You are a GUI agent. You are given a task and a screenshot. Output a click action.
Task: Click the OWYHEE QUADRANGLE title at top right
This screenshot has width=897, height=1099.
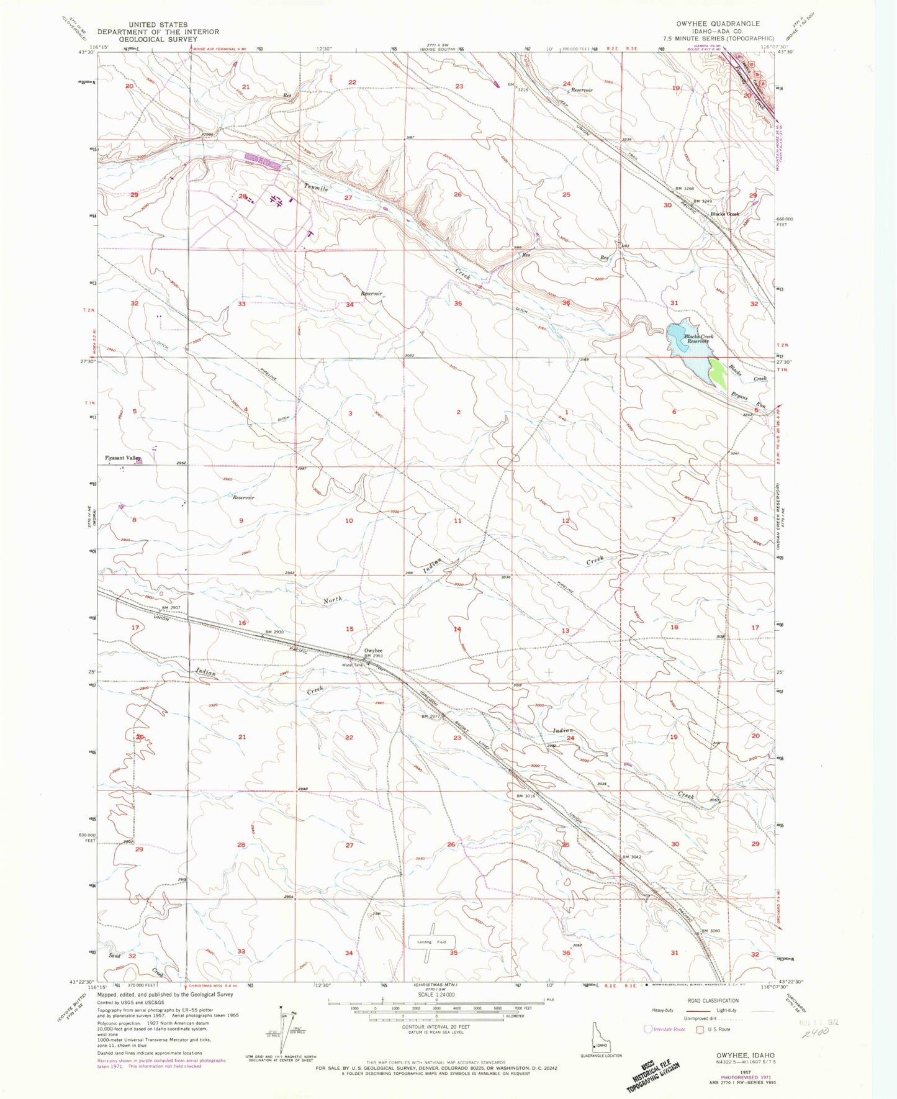(719, 24)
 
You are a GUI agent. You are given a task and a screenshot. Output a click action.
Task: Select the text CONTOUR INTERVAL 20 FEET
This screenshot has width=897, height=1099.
(436, 1026)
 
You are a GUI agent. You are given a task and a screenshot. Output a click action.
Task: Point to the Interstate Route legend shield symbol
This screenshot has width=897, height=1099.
(649, 1029)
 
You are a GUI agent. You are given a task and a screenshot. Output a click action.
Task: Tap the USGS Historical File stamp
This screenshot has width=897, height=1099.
(652, 1072)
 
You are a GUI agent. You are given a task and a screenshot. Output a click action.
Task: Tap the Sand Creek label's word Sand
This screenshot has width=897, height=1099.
(115, 956)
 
